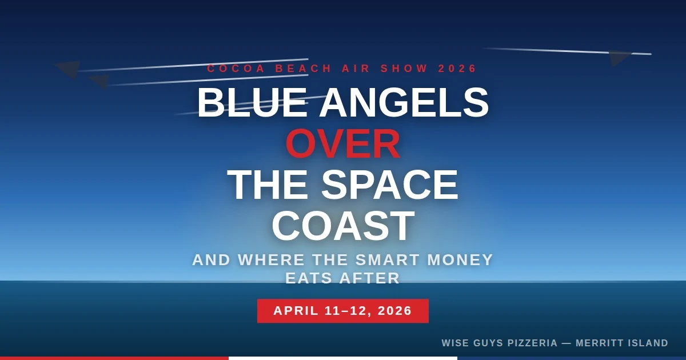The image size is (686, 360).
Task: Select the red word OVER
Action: (x=343, y=144)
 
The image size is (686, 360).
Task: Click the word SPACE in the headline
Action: (x=389, y=185)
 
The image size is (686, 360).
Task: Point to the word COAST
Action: (x=343, y=226)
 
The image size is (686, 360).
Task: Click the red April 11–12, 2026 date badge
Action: (x=343, y=311)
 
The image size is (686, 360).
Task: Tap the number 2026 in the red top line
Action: (x=457, y=69)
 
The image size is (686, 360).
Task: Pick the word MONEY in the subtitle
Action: (x=460, y=260)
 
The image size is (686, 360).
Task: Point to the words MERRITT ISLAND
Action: (x=622, y=343)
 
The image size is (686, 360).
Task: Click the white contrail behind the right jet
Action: (x=549, y=51)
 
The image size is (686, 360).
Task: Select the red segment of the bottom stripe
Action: (x=114, y=358)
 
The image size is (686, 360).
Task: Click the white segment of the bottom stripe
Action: (x=343, y=358)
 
